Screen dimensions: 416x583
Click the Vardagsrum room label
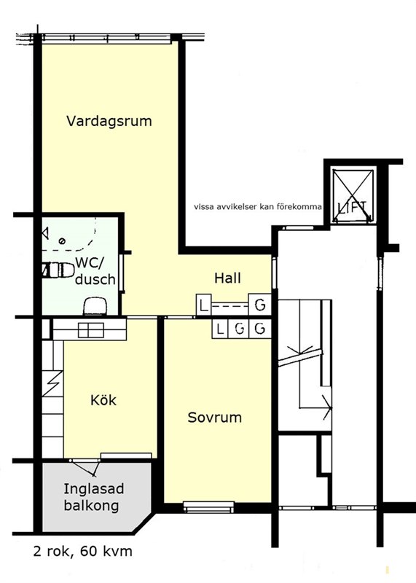109,121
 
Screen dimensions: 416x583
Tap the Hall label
227,278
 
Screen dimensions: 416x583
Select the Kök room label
103,400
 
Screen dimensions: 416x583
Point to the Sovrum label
214,417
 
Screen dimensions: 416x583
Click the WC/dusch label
95,270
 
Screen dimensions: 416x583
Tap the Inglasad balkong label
93,497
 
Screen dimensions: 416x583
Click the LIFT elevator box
353,196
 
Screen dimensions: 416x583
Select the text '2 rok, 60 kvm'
82,551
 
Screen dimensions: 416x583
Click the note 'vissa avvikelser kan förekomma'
258,207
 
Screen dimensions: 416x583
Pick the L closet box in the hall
203,305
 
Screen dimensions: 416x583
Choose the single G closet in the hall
260,305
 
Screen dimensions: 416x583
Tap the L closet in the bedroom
220,329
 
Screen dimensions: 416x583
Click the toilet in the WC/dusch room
58,270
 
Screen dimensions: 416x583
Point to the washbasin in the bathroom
96,306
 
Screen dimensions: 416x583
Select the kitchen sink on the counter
91,330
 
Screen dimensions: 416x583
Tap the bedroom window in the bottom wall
208,507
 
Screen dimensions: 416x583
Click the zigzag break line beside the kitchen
52,383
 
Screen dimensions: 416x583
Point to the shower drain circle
63,241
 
